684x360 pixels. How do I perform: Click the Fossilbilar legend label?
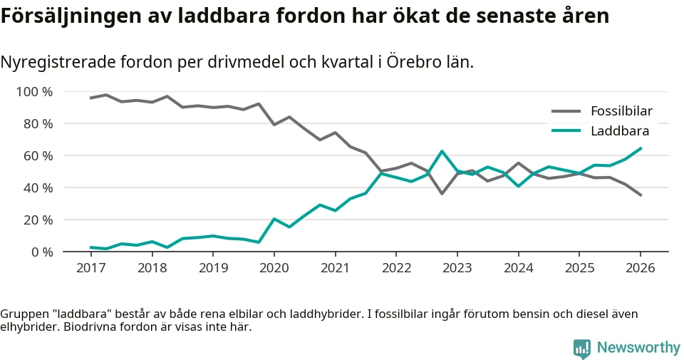click(621, 111)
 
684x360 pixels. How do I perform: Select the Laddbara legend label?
click(619, 131)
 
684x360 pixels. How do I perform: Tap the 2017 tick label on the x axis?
click(90, 268)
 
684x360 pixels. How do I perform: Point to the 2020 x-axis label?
click(274, 268)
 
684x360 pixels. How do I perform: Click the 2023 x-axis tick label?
click(457, 268)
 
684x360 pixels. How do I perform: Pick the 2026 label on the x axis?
click(640, 268)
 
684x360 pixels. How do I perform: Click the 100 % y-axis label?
click(34, 91)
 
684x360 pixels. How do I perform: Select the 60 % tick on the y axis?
click(37, 155)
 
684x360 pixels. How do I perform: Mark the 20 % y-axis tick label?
click(37, 220)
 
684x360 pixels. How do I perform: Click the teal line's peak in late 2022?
click(442, 151)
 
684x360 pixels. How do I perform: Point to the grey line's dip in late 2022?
click(442, 193)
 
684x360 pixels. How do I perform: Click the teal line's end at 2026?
click(641, 148)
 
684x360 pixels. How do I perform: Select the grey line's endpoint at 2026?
click(641, 195)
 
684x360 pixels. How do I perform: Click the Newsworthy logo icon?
click(582, 348)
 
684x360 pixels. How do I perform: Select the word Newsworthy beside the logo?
click(638, 348)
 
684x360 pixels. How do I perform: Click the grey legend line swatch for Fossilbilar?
click(566, 111)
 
